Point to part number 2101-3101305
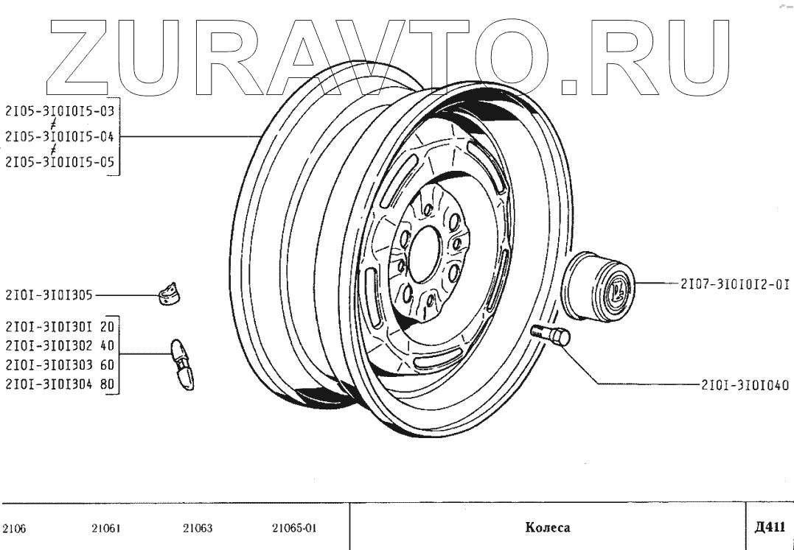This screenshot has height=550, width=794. (x=49, y=296)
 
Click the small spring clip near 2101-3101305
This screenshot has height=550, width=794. (x=170, y=294)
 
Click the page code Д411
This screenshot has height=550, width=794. (x=770, y=526)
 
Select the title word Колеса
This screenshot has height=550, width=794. (x=548, y=527)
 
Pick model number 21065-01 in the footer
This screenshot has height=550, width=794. (x=294, y=528)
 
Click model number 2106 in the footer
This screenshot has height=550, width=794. (x=15, y=528)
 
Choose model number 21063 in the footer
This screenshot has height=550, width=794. (x=198, y=528)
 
